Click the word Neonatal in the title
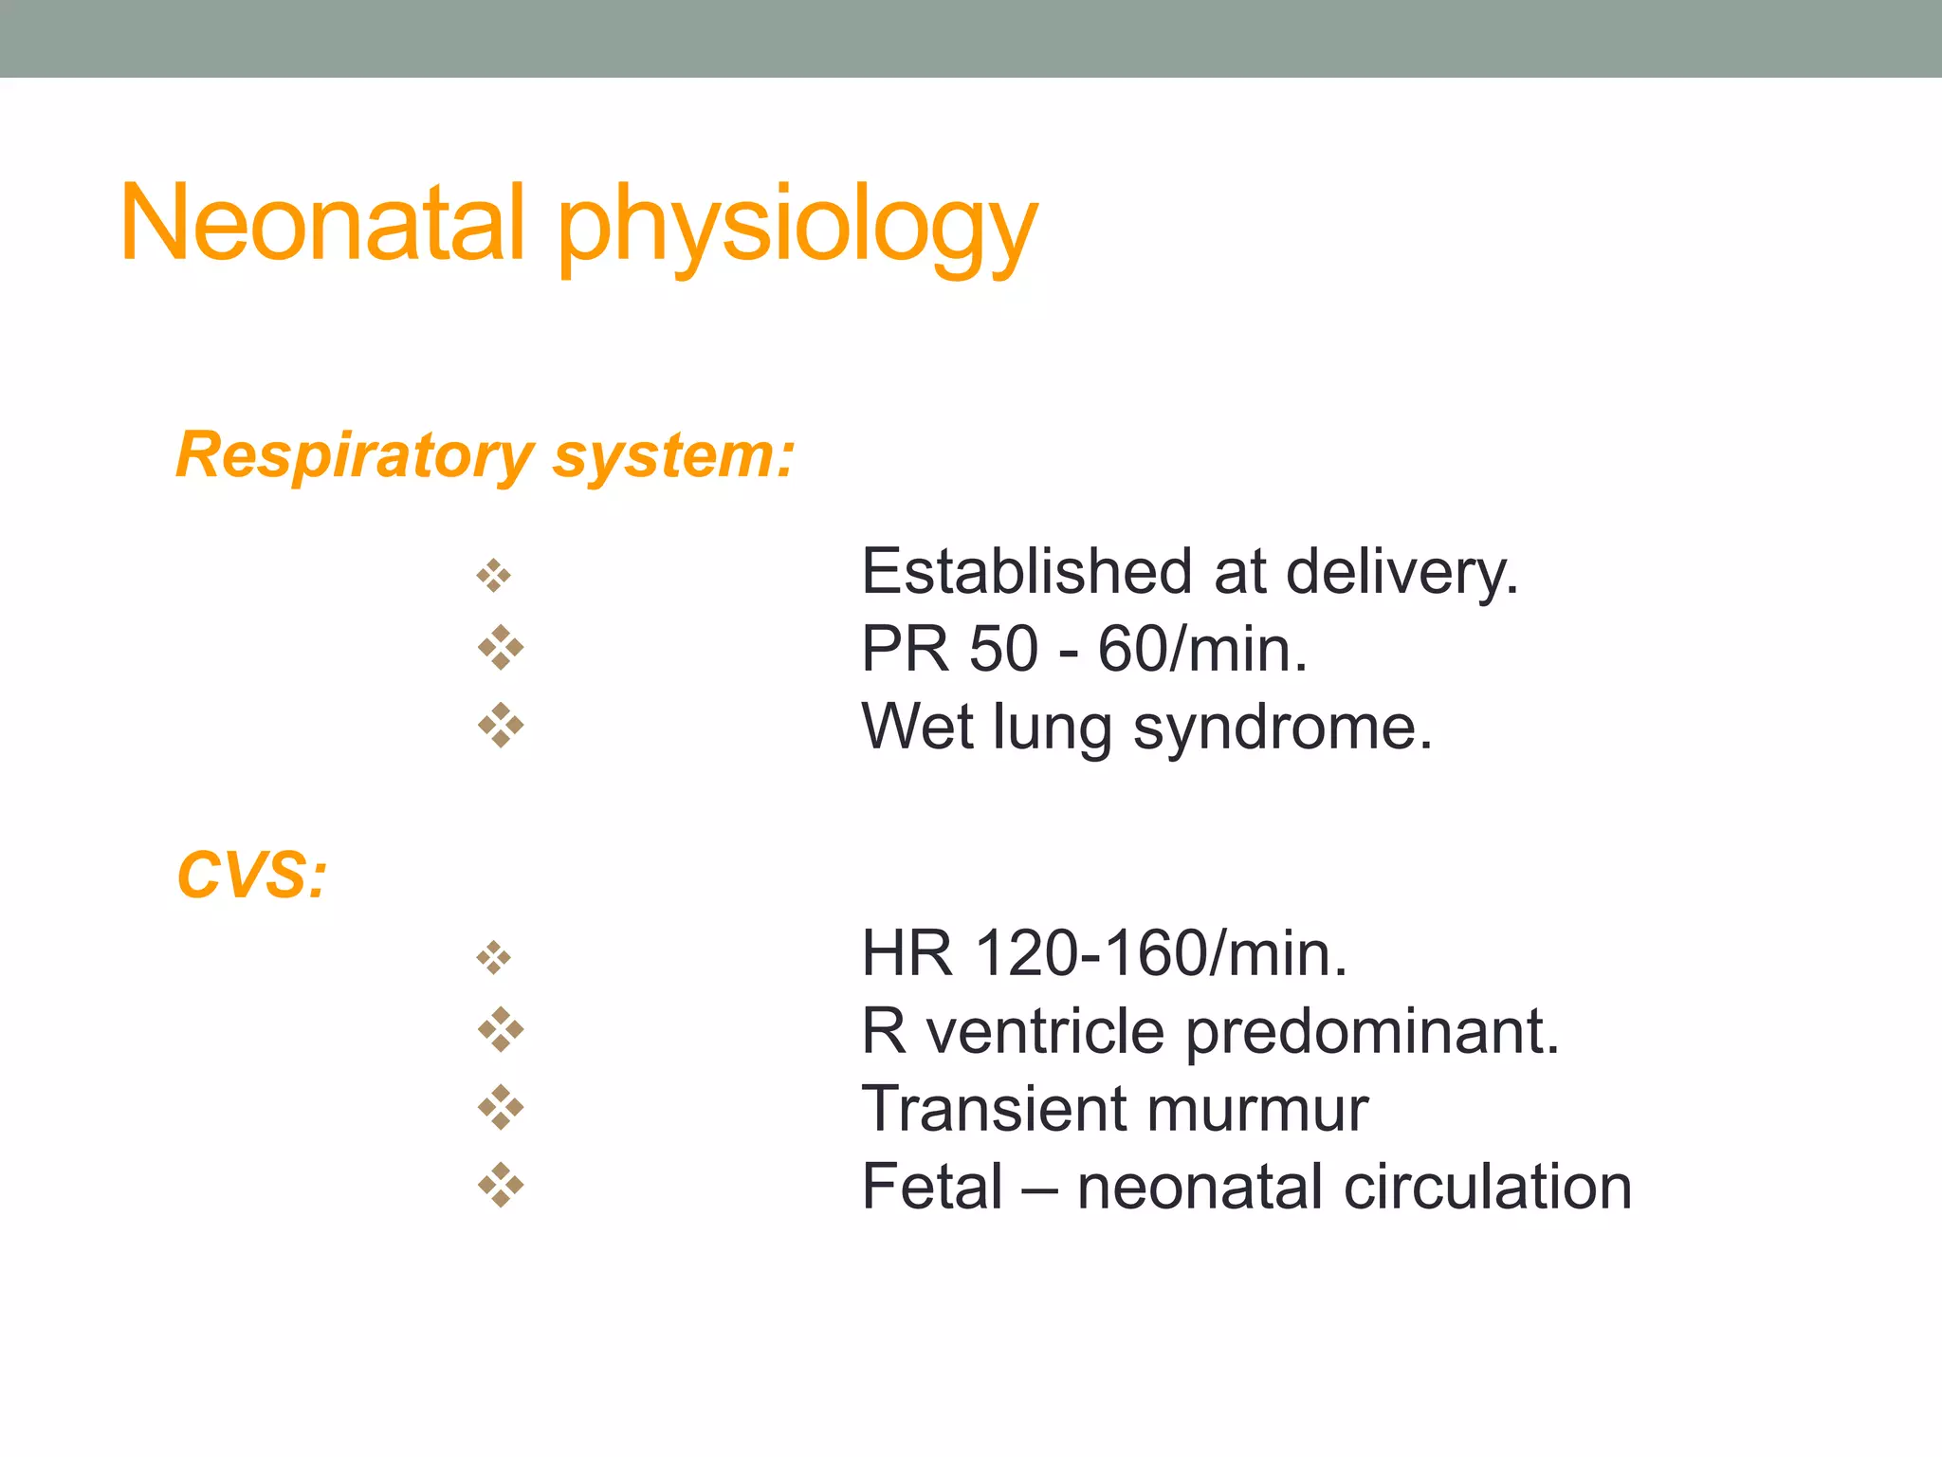(322, 224)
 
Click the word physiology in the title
(797, 228)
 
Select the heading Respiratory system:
(485, 455)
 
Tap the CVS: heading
(252, 875)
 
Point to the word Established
(1026, 572)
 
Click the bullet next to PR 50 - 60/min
(501, 649)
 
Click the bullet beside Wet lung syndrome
(501, 727)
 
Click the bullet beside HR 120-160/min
(494, 958)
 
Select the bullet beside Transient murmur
(501, 1108)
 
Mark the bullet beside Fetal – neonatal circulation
(501, 1186)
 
